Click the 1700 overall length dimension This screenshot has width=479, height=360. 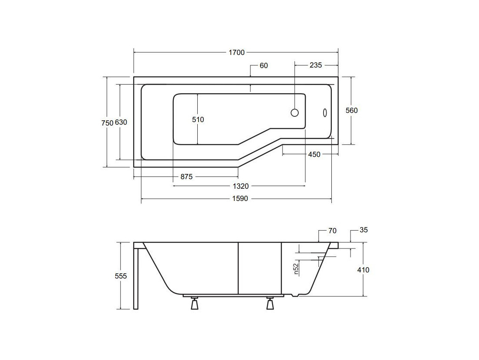click(237, 53)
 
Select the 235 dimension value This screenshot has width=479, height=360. click(316, 65)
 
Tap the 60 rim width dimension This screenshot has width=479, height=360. click(263, 65)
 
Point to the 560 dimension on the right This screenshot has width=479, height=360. click(351, 110)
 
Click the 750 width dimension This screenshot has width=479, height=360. click(107, 123)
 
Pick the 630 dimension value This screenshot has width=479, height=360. click(121, 122)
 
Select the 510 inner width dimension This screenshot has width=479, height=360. click(198, 119)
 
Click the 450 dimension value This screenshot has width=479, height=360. click(314, 154)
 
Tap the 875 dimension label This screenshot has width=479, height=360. click(186, 177)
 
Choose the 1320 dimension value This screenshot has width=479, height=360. click(241, 186)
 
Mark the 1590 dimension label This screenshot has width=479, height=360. click(240, 198)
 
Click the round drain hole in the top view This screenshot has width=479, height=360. click(294, 112)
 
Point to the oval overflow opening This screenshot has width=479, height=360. click(325, 112)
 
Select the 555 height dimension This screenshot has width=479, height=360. click(121, 276)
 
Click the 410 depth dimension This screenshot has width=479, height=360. click(363, 270)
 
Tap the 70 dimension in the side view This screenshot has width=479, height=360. click(332, 231)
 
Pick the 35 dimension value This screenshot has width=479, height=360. click(364, 230)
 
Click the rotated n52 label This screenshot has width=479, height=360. click(296, 269)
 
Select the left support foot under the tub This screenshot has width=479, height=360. click(194, 303)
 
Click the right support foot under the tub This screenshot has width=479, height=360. click(270, 303)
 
